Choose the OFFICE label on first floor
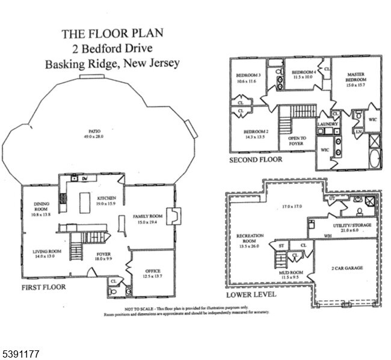point(152,271)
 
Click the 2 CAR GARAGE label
point(347,267)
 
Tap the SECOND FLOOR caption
point(256,160)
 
